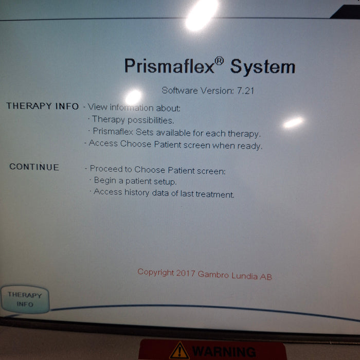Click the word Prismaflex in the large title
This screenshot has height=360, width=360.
[169, 66]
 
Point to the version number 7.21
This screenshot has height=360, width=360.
[246, 91]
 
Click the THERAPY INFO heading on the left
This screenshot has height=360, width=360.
[43, 106]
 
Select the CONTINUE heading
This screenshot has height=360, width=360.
[34, 167]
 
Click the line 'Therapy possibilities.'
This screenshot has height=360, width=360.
[133, 120]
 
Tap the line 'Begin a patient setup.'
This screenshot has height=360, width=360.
[135, 181]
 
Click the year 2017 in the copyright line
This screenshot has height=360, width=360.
[186, 273]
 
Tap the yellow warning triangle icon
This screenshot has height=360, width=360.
[179, 351]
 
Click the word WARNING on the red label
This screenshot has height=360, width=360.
[224, 352]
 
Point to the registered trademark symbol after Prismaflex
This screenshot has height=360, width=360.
[219, 61]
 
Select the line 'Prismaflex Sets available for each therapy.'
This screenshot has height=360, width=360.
[176, 133]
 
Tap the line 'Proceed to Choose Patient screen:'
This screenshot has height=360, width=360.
[157, 170]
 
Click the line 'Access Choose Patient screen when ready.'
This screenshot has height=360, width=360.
[175, 145]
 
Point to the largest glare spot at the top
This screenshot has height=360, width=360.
[201, 14]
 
